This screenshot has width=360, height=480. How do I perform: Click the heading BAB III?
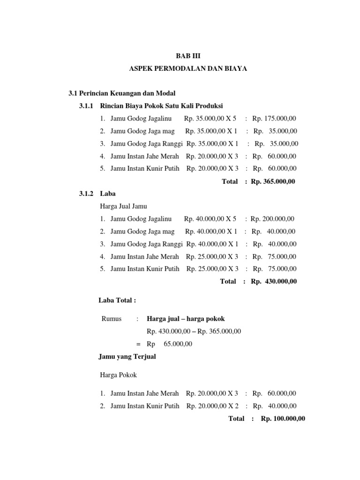tap(187, 56)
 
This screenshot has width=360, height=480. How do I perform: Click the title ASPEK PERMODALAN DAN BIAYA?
tap(187, 69)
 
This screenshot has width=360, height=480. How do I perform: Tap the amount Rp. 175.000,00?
tap(277, 118)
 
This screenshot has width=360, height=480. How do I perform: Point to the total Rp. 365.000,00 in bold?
tap(273, 181)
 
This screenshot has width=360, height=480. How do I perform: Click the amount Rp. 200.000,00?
tap(272, 218)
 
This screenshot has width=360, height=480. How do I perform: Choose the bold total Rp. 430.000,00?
tap(274, 282)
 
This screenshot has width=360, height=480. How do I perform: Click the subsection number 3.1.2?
tap(87, 193)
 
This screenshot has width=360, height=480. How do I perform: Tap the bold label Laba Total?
tap(117, 300)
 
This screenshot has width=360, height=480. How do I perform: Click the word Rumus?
tap(112, 319)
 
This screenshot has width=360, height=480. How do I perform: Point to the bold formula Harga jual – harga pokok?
tap(186, 319)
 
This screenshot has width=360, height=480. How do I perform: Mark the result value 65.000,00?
tap(179, 344)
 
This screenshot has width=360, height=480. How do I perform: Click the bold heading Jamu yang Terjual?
tap(127, 357)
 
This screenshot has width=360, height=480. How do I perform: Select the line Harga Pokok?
tap(120, 375)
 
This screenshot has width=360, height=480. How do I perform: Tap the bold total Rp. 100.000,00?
tap(283, 419)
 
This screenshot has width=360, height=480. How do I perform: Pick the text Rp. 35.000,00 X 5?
tap(210, 118)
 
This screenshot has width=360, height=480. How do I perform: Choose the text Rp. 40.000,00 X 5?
tap(210, 218)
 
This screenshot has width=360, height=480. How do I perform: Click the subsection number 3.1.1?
tap(87, 105)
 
